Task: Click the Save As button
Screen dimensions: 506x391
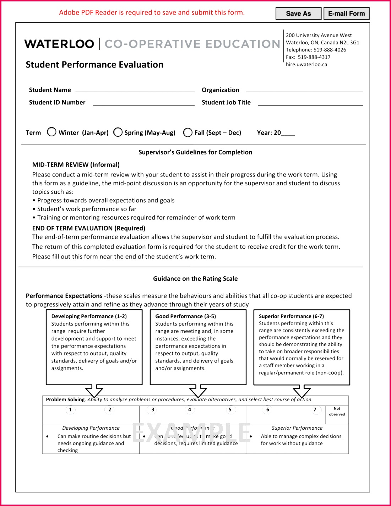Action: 298,13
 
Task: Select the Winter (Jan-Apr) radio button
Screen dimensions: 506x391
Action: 52,132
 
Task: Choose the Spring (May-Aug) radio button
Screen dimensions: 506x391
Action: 118,132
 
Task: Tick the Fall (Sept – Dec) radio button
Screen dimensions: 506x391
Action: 188,132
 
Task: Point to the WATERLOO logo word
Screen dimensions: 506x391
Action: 59,44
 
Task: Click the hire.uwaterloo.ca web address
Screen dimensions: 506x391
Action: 306,65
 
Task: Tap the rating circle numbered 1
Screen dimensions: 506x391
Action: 70,410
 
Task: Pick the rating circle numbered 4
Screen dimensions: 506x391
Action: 190,410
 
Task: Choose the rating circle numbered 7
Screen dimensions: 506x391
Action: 315,410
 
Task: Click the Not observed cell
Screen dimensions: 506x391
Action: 337,412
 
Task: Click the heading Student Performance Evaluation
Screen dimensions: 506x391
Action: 94,65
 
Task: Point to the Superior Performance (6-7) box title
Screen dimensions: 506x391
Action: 291,316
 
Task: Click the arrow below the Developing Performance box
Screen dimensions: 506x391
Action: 94,391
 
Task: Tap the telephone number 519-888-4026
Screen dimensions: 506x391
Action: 330,50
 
